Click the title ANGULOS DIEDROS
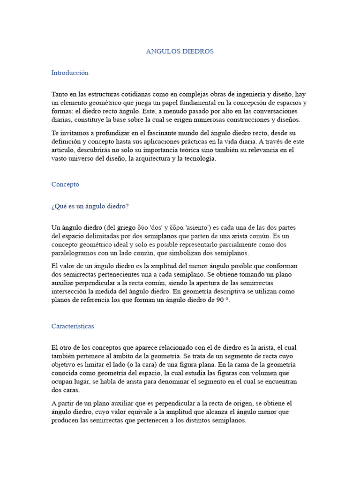pos(180,52)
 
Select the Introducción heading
pos(70,73)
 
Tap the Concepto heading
pos(65,185)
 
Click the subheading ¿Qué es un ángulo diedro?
pos(90,206)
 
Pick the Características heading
pos(73,326)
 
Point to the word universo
pos(80,158)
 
